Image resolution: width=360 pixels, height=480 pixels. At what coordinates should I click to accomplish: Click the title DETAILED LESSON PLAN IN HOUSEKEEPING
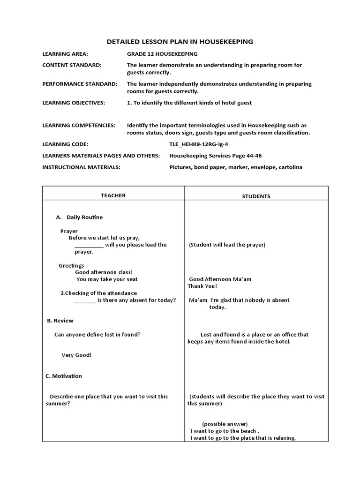(180, 42)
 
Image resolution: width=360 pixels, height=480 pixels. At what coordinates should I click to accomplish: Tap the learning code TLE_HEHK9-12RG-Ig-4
(199, 144)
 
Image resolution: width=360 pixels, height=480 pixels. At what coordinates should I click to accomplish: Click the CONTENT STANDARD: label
(72, 65)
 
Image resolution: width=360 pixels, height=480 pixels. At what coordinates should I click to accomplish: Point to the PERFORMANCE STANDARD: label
(80, 84)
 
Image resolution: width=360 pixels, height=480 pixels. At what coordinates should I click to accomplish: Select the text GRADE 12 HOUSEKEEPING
(162, 54)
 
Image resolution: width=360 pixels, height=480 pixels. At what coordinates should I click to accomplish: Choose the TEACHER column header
(113, 195)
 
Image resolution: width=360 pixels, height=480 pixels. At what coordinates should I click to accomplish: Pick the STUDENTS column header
(256, 196)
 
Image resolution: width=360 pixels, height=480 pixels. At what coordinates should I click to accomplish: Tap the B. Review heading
(60, 321)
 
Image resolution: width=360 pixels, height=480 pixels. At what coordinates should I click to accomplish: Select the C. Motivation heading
(64, 376)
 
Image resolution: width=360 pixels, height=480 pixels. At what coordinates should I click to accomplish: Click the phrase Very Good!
(76, 355)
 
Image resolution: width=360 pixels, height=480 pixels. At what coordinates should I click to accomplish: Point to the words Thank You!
(202, 286)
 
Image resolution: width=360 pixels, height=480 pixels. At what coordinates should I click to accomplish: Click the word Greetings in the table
(71, 266)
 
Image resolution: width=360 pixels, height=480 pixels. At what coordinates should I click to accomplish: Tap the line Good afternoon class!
(104, 272)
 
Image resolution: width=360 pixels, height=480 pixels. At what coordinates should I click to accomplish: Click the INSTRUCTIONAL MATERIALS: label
(81, 167)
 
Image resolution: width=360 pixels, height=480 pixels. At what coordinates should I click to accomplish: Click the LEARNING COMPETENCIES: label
(79, 126)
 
